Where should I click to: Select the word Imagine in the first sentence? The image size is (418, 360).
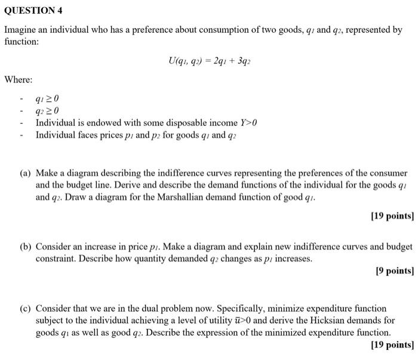(21, 29)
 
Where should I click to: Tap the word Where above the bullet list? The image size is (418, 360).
(19, 79)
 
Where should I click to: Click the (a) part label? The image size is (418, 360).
(25, 174)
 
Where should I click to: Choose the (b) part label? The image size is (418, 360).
(25, 247)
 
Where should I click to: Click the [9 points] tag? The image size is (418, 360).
(394, 271)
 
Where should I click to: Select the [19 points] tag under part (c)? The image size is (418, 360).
(392, 345)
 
